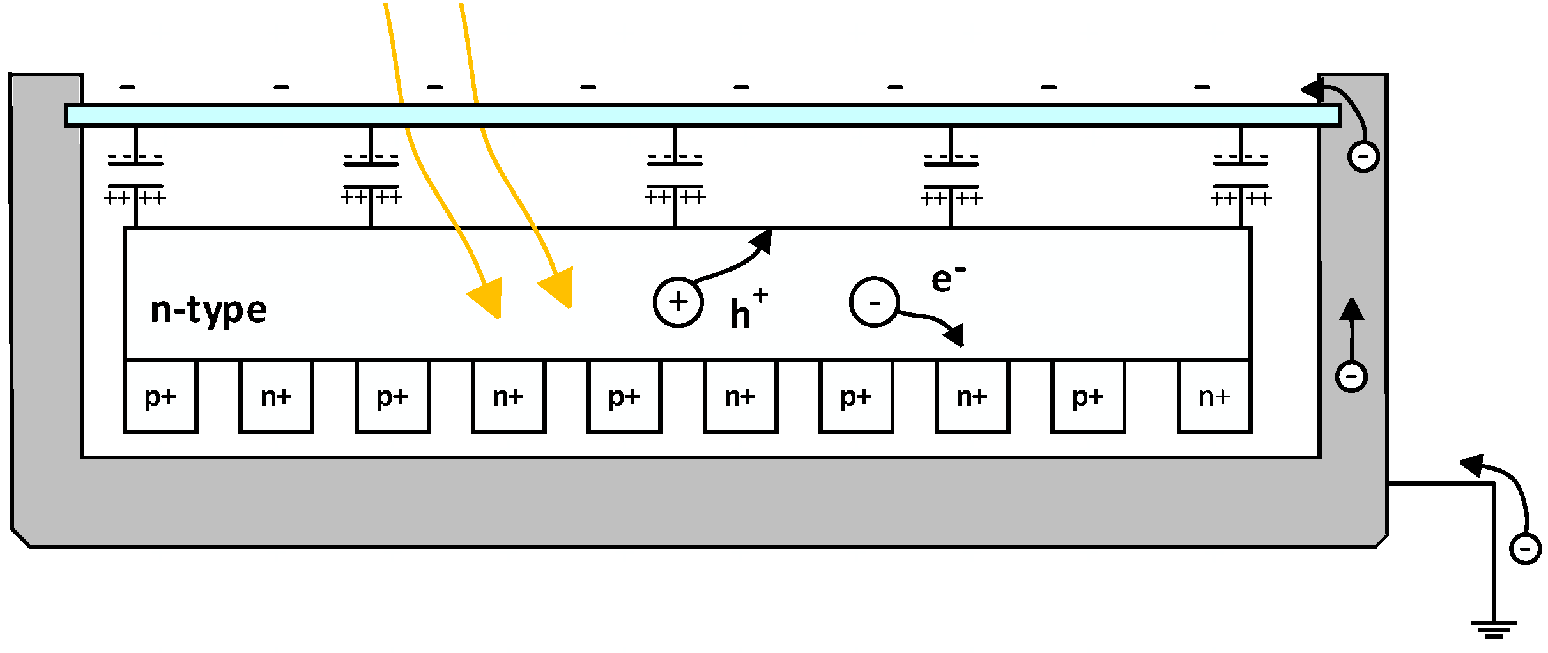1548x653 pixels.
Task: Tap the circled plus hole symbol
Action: pos(678,302)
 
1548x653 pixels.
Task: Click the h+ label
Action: pos(747,310)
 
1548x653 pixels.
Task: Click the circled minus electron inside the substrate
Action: pos(874,302)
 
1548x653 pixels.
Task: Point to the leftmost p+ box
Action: pos(160,397)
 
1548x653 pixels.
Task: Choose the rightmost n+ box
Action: pos(1214,397)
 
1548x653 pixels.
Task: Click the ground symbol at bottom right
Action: pos(1493,629)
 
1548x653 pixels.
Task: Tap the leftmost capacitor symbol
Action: pos(135,176)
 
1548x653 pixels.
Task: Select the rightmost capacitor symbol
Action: pos(1240,176)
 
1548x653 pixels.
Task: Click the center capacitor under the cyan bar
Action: pos(675,176)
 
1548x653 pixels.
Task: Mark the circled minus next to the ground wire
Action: pos(1525,549)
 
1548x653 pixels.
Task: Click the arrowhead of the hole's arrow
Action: pos(763,242)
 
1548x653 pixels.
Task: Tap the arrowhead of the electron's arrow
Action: pos(955,334)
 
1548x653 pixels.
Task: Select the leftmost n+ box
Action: pos(276,397)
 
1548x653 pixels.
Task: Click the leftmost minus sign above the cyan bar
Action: pos(128,87)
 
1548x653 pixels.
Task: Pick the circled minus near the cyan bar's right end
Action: pos(1363,157)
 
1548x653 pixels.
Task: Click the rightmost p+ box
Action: pos(1088,397)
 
